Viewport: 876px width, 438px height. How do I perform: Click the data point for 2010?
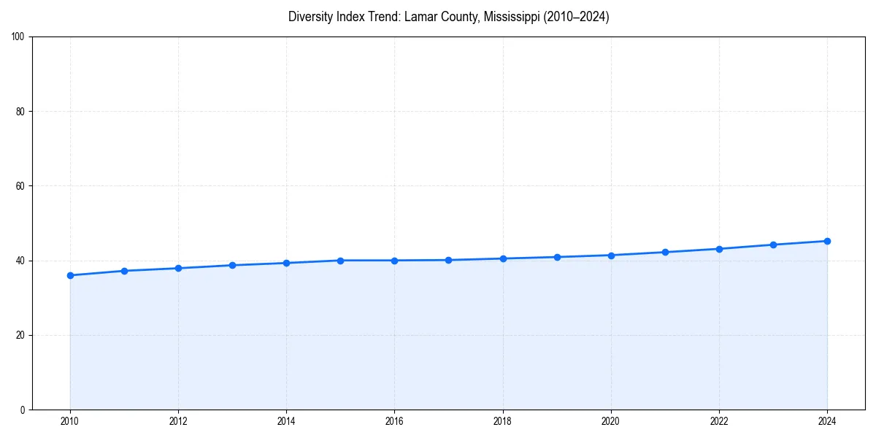coord(70,275)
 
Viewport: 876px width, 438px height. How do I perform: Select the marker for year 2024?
coord(827,241)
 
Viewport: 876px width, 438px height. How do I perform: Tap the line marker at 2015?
coord(340,261)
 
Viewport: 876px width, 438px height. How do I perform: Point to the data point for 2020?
coord(611,255)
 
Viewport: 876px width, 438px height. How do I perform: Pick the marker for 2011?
coord(124,271)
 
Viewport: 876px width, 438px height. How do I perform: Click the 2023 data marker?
coord(773,245)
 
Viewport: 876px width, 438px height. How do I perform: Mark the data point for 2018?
coord(503,258)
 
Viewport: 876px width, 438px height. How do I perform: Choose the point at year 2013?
coord(232,265)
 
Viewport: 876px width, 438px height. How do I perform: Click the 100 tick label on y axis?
coord(18,37)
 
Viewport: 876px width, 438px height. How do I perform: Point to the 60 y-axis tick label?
coord(20,186)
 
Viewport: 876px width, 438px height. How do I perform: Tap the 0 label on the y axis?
coord(23,410)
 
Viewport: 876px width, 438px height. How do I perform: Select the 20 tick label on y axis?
coord(20,335)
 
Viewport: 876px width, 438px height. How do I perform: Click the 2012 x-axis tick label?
coord(178,421)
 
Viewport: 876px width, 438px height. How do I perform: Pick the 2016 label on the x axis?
coord(394,421)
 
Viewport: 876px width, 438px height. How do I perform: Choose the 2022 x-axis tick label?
coord(719,421)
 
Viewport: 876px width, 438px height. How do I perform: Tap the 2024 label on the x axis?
coord(827,421)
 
